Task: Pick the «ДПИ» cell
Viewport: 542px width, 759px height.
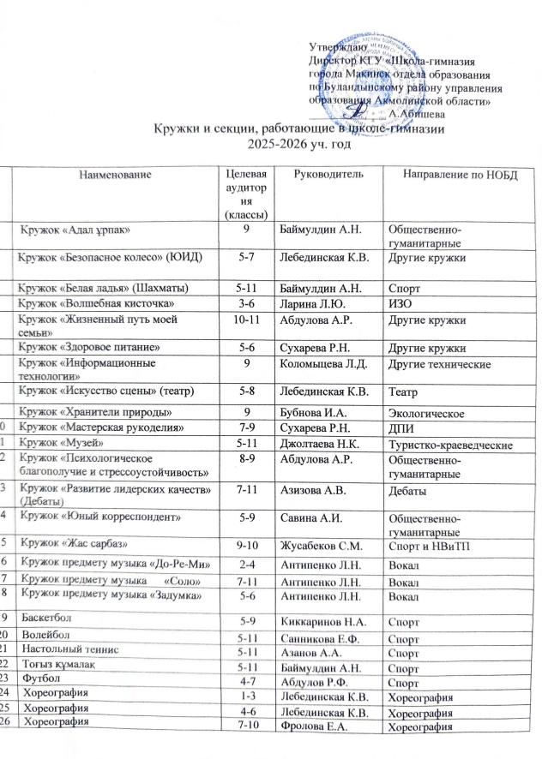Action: [x=400, y=428]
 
